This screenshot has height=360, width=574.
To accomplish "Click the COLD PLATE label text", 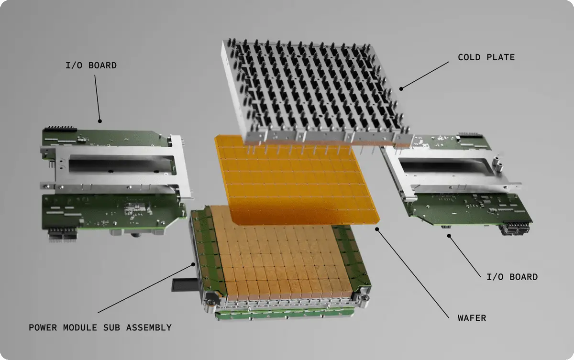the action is [x=486, y=57].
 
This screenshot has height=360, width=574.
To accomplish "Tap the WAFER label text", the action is [x=472, y=318].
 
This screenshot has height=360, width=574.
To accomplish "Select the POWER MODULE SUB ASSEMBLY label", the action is [x=100, y=327].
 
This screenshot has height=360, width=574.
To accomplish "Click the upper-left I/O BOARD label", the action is [x=91, y=65].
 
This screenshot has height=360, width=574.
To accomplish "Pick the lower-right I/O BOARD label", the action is [x=512, y=277].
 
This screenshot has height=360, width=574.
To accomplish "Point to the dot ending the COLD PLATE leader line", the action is [x=401, y=89].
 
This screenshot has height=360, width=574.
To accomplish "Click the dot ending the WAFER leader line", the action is [x=377, y=229].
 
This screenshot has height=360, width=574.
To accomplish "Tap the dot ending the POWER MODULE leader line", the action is [x=193, y=264].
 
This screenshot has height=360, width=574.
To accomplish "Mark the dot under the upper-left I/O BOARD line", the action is [x=100, y=121].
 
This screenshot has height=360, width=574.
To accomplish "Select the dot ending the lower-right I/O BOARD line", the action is [x=449, y=236].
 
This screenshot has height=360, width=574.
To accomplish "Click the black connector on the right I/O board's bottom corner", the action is [x=515, y=228].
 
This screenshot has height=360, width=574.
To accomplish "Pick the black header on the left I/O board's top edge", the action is [x=60, y=129].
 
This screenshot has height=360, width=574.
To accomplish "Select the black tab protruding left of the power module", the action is [x=185, y=285].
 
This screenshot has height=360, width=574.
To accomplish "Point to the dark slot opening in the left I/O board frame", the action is [x=121, y=164].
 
